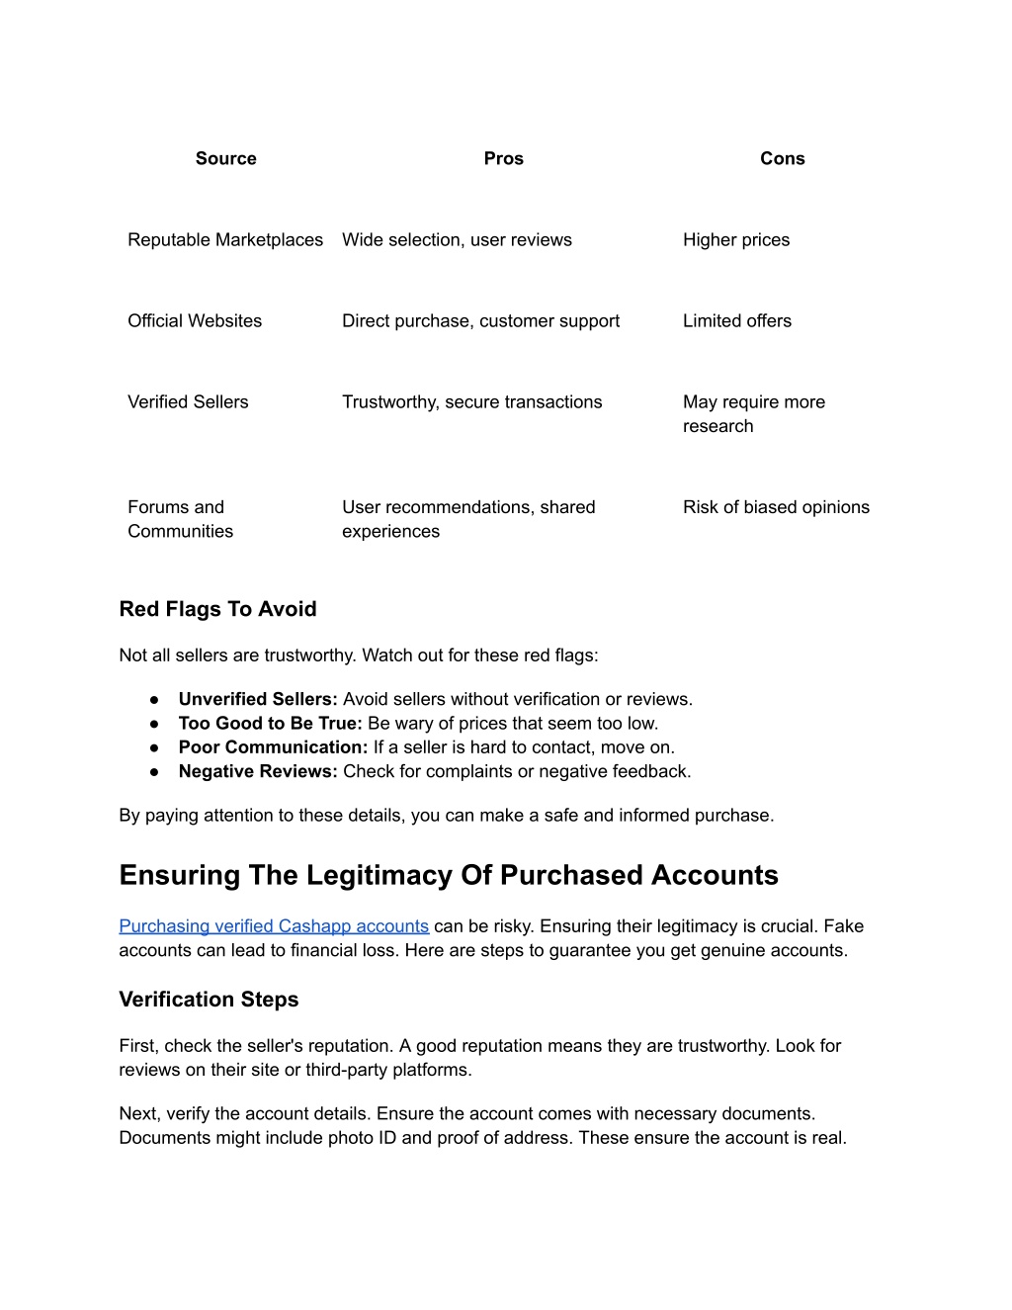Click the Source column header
(x=225, y=158)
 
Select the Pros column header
(x=503, y=158)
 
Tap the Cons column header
(x=782, y=158)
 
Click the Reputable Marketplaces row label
(x=225, y=239)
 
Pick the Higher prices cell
(x=736, y=239)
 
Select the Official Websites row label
(x=195, y=320)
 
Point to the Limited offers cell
(x=737, y=320)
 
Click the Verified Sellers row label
(x=188, y=401)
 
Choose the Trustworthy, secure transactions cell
(x=471, y=401)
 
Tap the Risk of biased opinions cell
(x=776, y=506)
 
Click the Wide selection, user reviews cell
(x=457, y=239)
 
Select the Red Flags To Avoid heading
(x=217, y=609)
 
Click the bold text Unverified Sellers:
(x=258, y=699)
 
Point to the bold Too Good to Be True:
(x=270, y=723)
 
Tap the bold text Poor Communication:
(x=273, y=747)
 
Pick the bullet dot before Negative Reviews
(x=154, y=772)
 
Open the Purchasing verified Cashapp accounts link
(x=274, y=926)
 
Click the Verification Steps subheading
(x=209, y=1000)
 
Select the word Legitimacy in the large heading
(x=376, y=875)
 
